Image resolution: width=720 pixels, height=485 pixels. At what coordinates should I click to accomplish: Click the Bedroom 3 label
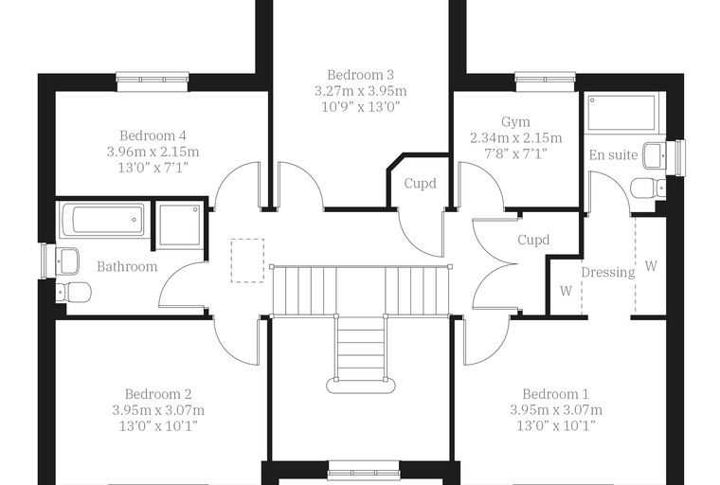[x=360, y=75]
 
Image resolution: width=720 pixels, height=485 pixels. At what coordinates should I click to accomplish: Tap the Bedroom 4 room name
[x=153, y=136]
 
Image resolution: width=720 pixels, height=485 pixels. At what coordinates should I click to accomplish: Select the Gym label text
[x=515, y=122]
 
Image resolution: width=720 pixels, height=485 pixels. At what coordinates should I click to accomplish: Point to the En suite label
[x=614, y=155]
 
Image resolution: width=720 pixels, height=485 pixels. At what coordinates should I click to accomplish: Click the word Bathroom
[x=127, y=267]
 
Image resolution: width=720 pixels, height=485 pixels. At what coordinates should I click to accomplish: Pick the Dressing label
[x=608, y=273]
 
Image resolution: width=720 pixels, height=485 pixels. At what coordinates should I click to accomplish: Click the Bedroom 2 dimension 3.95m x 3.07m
[x=158, y=410]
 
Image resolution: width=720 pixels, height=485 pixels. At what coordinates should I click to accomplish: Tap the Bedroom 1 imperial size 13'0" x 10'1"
[x=556, y=426]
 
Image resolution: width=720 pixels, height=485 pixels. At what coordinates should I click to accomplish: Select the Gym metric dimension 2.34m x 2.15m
[x=515, y=138]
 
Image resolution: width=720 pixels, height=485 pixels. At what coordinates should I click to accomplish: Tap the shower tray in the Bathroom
[x=179, y=226]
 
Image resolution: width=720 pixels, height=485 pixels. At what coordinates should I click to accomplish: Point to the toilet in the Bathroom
[x=74, y=292]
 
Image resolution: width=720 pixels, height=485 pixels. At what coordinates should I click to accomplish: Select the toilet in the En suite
[x=648, y=189]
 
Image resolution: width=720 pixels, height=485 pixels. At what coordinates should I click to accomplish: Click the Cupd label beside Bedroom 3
[x=420, y=184]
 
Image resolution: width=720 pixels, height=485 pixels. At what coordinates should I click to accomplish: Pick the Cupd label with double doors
[x=533, y=241]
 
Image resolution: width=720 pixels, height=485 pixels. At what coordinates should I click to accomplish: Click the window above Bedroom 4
[x=153, y=81]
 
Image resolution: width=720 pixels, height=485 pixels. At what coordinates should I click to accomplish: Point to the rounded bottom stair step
[x=361, y=385]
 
